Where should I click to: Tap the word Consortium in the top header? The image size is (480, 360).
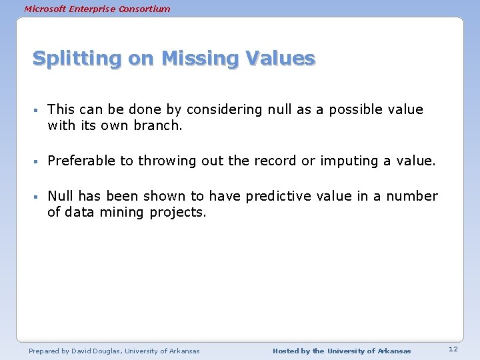(x=145, y=9)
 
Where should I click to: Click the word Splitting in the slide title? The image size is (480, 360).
(x=77, y=59)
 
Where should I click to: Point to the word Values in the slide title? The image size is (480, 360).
(x=280, y=59)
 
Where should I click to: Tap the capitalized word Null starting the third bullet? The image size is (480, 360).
(x=60, y=197)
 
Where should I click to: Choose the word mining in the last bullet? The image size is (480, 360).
(x=119, y=213)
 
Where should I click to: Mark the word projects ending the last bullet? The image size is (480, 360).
(x=178, y=213)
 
